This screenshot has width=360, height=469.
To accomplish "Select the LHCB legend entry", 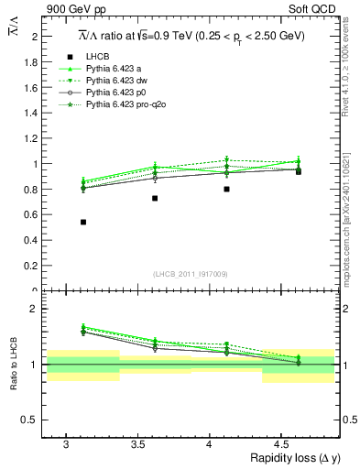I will pyautogui.click(x=94, y=56).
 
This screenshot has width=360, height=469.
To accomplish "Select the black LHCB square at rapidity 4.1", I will pyautogui.click(x=226, y=189).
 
